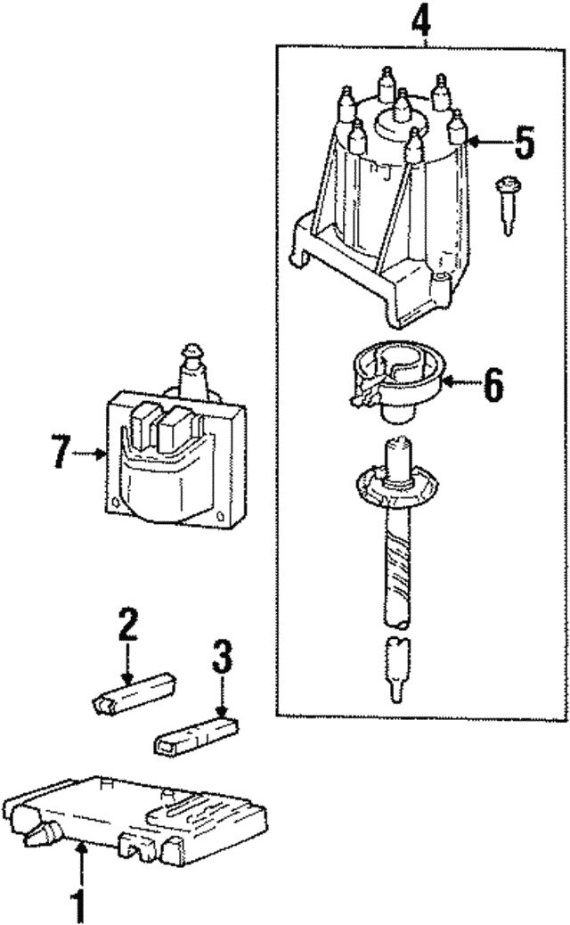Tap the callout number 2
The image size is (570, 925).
pos(127,626)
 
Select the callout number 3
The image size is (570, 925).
pos(222,659)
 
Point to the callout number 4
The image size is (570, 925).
pos(427,20)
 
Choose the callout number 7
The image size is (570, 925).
pos(60,453)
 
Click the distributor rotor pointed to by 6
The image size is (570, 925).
pos(391,382)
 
